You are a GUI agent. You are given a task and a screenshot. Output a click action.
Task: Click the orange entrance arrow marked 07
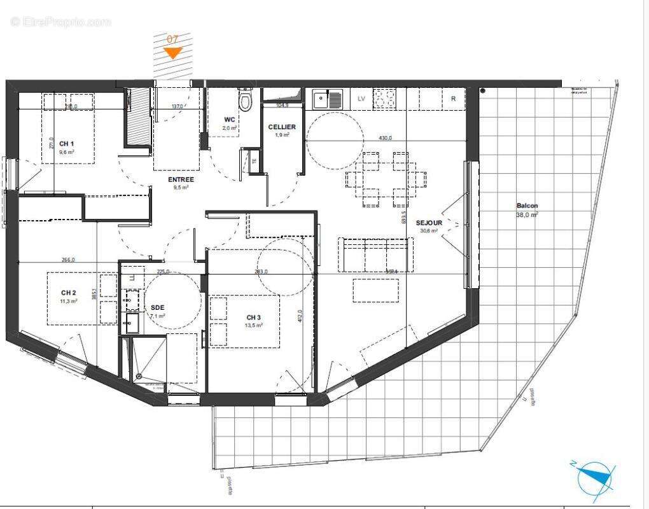(x=172, y=52)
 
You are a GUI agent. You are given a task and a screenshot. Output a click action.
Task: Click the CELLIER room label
(x=282, y=127)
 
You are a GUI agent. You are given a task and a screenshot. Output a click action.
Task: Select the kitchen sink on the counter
(x=327, y=99)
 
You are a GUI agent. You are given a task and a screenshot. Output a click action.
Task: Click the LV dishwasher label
(x=361, y=99)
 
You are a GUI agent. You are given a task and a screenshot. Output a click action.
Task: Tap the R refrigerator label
(x=453, y=99)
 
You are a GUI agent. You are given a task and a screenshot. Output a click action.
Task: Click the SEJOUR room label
(x=429, y=223)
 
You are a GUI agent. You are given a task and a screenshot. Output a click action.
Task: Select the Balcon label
(x=527, y=206)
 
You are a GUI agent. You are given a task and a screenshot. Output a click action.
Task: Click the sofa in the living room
(x=375, y=253)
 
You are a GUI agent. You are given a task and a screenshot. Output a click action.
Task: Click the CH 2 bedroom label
(x=69, y=293)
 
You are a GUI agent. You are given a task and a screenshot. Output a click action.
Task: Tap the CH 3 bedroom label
(x=254, y=317)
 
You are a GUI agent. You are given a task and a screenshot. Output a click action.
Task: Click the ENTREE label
(x=181, y=179)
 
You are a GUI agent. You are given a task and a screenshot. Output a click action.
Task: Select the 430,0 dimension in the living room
(x=386, y=138)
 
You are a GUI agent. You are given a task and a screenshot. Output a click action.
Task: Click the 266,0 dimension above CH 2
(x=68, y=260)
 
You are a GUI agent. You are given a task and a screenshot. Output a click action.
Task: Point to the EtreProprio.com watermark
(x=61, y=22)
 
